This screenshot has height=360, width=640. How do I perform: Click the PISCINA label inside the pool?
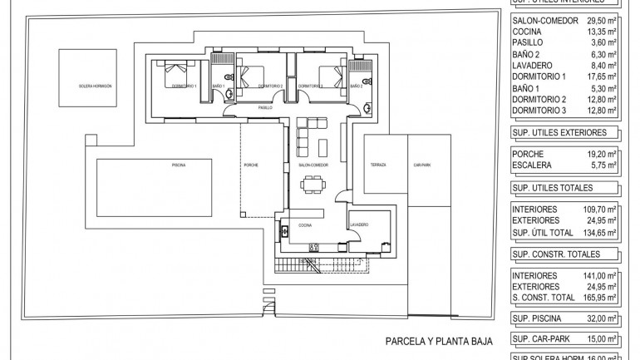178,165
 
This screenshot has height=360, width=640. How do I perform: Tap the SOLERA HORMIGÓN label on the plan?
95,86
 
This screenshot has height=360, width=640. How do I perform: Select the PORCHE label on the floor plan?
251,165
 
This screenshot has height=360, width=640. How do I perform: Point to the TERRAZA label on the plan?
379,165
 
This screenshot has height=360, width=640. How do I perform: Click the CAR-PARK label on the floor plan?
422,165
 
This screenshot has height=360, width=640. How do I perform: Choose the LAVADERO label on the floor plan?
359,224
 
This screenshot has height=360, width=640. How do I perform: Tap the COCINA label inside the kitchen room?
305,224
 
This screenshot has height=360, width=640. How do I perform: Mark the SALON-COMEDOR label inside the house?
313,165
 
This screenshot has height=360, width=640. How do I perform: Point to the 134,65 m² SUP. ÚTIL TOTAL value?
598,234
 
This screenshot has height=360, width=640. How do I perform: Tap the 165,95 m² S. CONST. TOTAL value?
598,297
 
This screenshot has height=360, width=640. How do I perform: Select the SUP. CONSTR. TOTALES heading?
554,254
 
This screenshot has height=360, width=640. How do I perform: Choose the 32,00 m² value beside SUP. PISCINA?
600,318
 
